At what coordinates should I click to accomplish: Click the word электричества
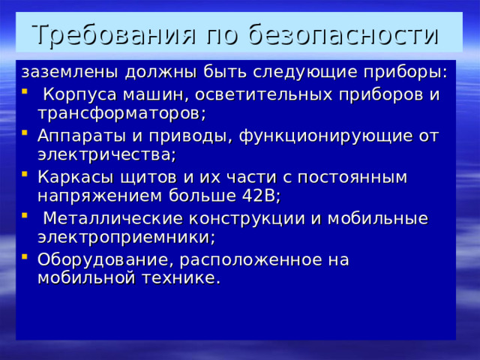tap(104, 154)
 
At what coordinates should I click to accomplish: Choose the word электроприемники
tap(125, 237)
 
